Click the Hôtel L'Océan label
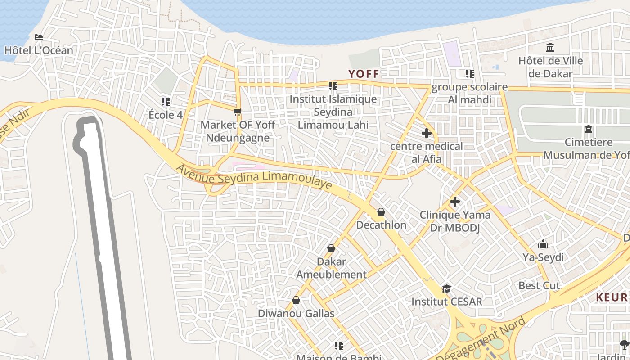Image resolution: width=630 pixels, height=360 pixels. coord(39,50)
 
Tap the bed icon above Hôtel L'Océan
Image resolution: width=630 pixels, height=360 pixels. coord(39,37)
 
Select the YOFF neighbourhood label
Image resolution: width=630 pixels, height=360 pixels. coord(364,74)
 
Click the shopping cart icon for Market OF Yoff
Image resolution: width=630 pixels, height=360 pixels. coord(238,112)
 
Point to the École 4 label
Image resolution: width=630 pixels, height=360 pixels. coord(166,115)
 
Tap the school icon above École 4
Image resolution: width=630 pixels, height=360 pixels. coord(166,102)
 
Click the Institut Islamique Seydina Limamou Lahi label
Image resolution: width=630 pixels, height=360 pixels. coord(333,112)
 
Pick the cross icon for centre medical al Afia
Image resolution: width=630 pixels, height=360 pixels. coord(427,133)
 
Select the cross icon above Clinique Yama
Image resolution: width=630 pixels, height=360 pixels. coord(455,202)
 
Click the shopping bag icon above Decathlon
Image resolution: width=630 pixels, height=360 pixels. coord(381,212)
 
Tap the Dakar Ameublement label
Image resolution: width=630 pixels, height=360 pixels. coord(332,268)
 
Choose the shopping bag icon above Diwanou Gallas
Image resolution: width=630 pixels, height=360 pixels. coord(296,300)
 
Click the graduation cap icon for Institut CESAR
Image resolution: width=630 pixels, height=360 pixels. coord(446,288)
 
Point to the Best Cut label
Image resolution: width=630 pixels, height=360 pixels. coord(539,285)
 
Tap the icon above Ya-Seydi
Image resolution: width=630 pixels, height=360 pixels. coord(543,244)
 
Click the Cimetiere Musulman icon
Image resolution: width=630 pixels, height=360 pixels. coord(588,130)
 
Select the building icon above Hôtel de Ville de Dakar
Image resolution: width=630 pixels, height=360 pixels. coord(550,47)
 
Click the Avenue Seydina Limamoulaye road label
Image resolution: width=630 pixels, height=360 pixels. coord(254,177)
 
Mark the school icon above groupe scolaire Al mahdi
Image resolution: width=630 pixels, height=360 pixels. coord(469,74)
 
